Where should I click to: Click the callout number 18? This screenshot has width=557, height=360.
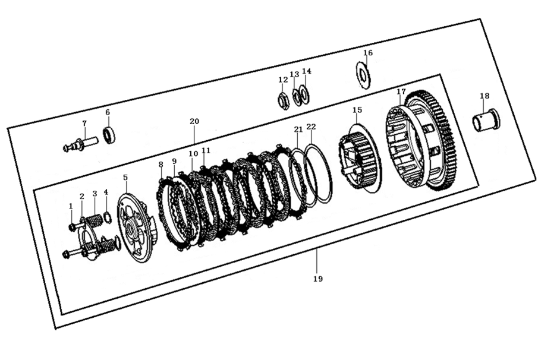point(484,96)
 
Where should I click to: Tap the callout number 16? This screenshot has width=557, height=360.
point(368,53)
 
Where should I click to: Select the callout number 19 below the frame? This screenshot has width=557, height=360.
point(317,279)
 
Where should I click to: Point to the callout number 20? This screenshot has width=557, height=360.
point(194,121)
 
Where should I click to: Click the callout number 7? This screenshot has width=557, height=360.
point(84,124)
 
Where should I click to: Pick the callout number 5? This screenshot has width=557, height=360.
point(125,177)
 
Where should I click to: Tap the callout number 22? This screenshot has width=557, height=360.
point(311,127)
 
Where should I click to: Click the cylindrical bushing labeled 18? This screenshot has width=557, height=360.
point(486,121)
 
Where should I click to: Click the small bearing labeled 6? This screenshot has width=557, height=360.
point(109,135)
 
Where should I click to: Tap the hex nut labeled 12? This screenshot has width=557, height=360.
point(284,100)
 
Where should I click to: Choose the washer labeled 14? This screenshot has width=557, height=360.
point(304,93)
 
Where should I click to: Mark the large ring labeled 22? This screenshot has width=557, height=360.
point(320,172)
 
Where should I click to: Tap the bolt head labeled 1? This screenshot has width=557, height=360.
point(72,227)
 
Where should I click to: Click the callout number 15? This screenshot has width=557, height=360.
point(357,110)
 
